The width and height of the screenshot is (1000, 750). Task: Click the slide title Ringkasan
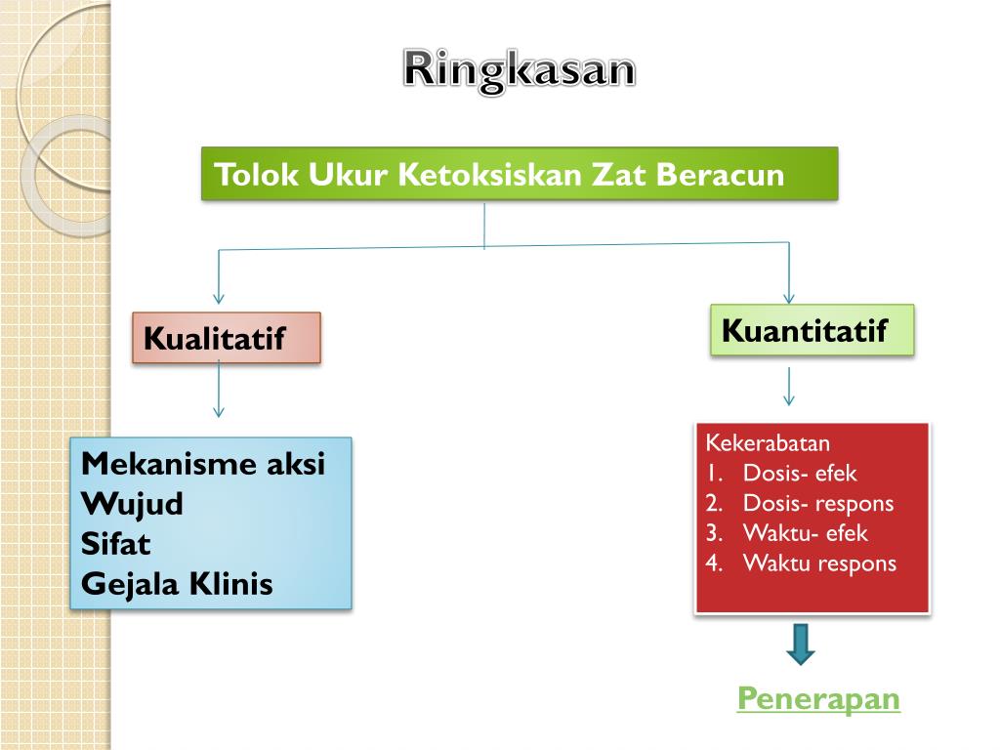(520, 70)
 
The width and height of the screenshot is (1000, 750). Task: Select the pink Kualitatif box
(227, 338)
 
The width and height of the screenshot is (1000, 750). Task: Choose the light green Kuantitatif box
(812, 330)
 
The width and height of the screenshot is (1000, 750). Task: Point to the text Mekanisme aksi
(203, 463)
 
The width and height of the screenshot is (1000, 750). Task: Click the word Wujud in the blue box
(132, 504)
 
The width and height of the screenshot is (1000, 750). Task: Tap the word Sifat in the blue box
(116, 544)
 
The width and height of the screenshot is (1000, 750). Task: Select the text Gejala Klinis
(177, 584)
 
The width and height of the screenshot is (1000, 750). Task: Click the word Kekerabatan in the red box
(768, 442)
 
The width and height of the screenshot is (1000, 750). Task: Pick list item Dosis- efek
(799, 474)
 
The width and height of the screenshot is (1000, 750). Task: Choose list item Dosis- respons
(817, 503)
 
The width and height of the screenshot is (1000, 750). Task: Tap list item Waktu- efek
(805, 533)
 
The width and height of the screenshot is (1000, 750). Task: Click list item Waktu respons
(819, 563)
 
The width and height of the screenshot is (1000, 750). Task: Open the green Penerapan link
(818, 699)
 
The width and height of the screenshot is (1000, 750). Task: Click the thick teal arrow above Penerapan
(801, 645)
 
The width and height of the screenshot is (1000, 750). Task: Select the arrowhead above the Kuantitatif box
(789, 296)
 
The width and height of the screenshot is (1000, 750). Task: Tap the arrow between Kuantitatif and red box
(789, 396)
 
